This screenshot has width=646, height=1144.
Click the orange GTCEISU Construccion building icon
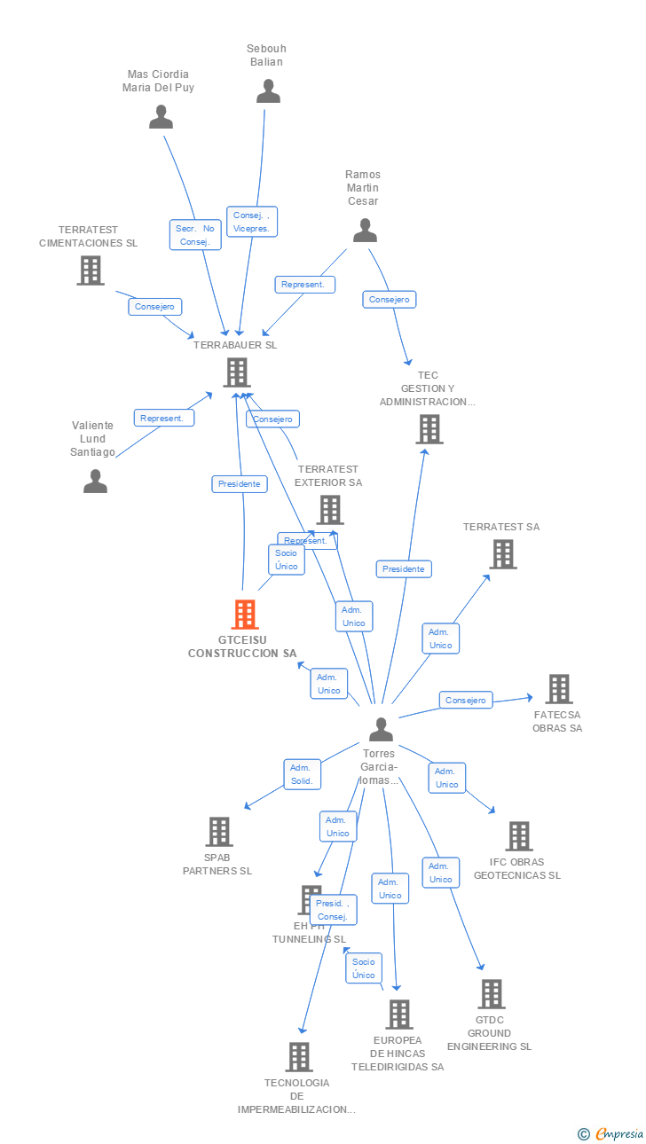tap(244, 614)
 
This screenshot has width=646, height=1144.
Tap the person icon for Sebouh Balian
tap(268, 91)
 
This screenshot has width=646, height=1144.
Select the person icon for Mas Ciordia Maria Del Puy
tap(161, 117)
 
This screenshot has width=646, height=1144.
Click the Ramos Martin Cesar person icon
tap(365, 231)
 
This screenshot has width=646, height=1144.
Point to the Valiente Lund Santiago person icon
tap(95, 482)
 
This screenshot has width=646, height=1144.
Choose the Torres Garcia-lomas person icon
tap(381, 730)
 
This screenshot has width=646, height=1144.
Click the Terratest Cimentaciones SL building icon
tap(91, 270)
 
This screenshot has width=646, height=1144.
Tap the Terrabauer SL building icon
tap(236, 372)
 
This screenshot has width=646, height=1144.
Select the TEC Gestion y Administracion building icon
tap(429, 429)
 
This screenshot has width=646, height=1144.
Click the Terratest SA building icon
tap(503, 554)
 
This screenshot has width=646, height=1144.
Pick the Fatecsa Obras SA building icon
tap(558, 689)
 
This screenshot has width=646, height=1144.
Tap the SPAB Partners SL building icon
tap(219, 832)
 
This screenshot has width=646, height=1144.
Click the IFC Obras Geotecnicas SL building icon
tap(519, 835)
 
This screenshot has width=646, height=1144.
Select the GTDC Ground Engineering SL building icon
tap(492, 994)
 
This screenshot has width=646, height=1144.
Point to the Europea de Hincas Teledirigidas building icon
tap(399, 1015)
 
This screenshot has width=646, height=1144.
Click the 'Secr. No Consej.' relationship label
tap(195, 235)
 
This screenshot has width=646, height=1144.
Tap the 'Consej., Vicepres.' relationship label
tap(252, 222)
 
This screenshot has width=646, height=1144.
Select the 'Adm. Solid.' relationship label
tap(302, 774)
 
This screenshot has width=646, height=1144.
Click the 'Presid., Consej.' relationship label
tap(333, 910)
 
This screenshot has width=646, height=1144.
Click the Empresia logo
tap(612, 1133)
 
